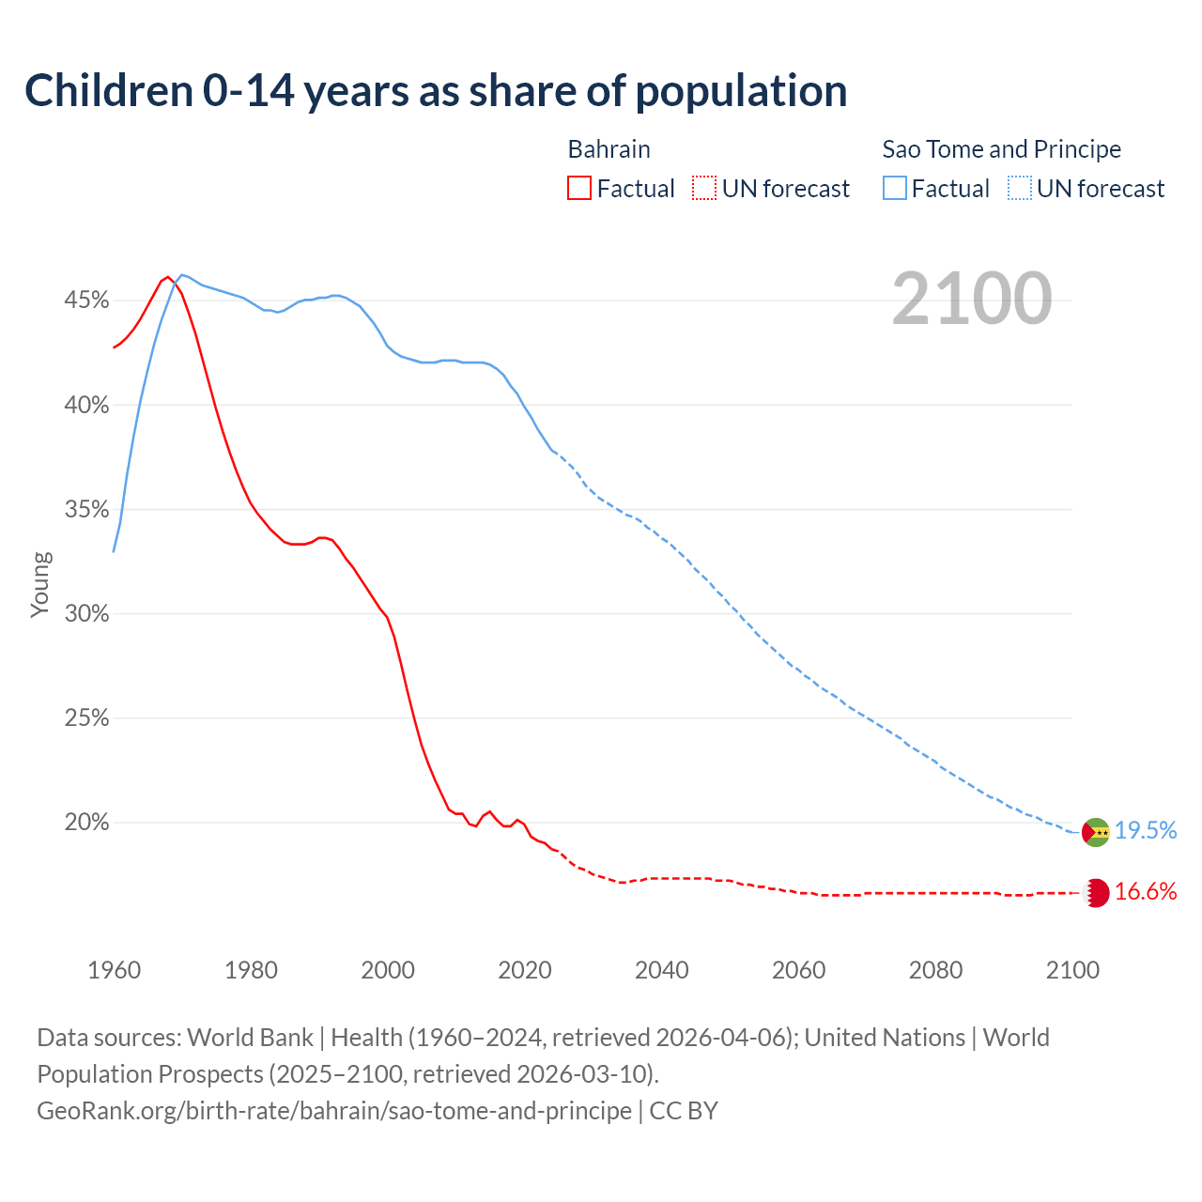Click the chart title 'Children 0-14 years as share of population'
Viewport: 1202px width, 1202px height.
(436, 91)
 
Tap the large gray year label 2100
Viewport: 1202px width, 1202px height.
(971, 299)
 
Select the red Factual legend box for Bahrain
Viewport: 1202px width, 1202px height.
(579, 189)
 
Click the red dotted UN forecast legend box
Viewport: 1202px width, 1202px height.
(704, 189)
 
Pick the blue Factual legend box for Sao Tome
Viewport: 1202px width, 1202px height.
(894, 189)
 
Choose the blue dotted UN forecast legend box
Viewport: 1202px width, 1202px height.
(1019, 189)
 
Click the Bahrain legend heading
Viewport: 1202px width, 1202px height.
(609, 149)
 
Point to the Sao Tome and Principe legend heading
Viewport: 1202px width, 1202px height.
(1001, 149)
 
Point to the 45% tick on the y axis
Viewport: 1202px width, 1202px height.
(86, 300)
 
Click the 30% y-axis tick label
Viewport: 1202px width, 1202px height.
(86, 614)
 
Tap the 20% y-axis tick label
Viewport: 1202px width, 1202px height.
(86, 823)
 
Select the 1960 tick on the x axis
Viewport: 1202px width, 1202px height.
(114, 970)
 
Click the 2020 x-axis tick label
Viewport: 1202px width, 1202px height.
(524, 970)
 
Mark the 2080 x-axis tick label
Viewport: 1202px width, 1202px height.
(935, 970)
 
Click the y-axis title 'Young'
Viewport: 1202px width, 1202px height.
(40, 584)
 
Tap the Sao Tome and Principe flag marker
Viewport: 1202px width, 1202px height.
(1095, 832)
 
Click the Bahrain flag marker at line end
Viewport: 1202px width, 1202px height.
(1096, 893)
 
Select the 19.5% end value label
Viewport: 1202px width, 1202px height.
(1145, 831)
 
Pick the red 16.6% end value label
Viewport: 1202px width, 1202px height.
(1145, 892)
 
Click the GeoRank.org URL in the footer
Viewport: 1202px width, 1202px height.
(334, 1111)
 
